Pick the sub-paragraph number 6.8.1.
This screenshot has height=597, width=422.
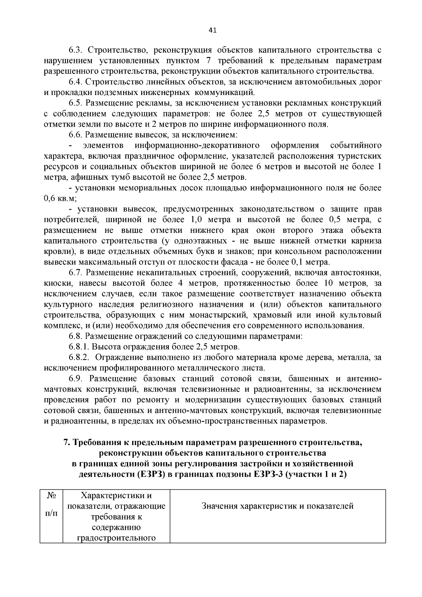tap(79, 347)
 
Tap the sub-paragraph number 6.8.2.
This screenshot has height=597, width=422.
tap(79, 358)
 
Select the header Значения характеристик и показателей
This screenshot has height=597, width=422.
tap(277, 506)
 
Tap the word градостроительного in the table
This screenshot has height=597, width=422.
tap(116, 538)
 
